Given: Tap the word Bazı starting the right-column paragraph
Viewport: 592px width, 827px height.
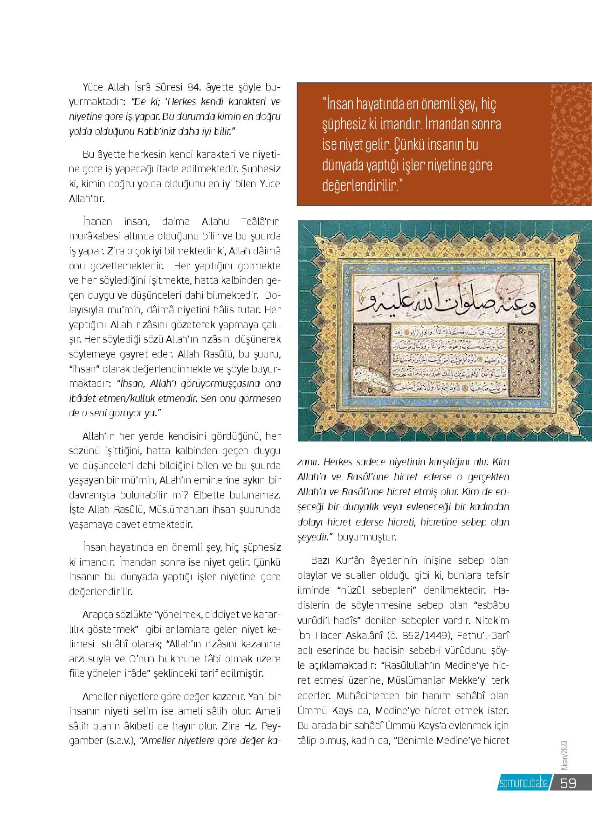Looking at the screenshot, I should point(320,560).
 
